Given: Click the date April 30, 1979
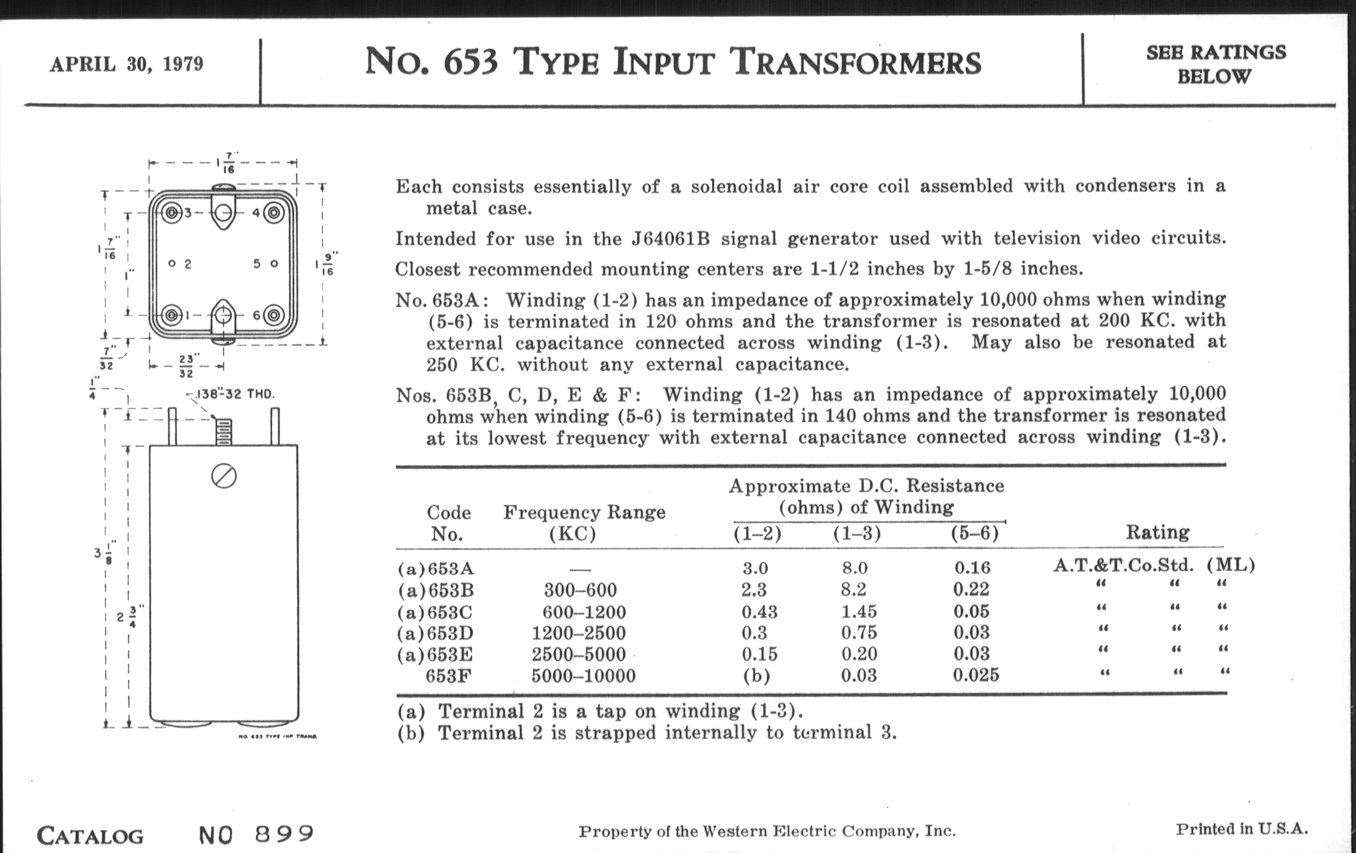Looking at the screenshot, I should click(127, 64).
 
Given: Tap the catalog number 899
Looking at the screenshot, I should click(284, 833).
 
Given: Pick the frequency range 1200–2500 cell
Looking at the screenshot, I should click(578, 633).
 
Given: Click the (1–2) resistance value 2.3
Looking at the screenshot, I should click(754, 589).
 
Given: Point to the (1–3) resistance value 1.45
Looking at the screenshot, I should click(859, 611).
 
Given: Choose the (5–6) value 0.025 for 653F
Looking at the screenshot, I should click(975, 675).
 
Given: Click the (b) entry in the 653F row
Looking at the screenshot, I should click(756, 675).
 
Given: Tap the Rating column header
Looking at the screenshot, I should click(1157, 532).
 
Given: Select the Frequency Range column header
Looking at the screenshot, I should click(584, 512).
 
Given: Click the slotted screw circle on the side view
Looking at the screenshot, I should click(224, 477).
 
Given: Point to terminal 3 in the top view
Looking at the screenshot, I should click(171, 213).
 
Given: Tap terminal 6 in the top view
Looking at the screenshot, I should click(274, 315).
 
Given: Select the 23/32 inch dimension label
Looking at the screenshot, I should click(186, 366).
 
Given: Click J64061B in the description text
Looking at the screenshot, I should click(670, 239).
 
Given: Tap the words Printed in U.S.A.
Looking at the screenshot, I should click(1242, 829).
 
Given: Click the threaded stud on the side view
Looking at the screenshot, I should click(224, 433).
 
